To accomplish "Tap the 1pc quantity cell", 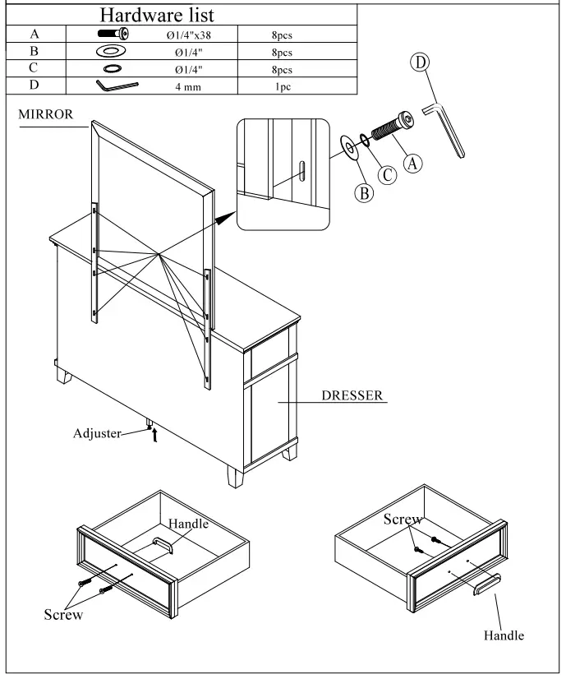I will tap(282, 85).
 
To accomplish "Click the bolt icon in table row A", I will tap(113, 35).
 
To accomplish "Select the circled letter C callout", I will tap(387, 175).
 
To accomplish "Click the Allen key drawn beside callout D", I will tap(444, 128).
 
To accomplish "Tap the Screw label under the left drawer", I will tap(62, 616).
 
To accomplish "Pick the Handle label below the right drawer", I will tap(503, 635).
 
